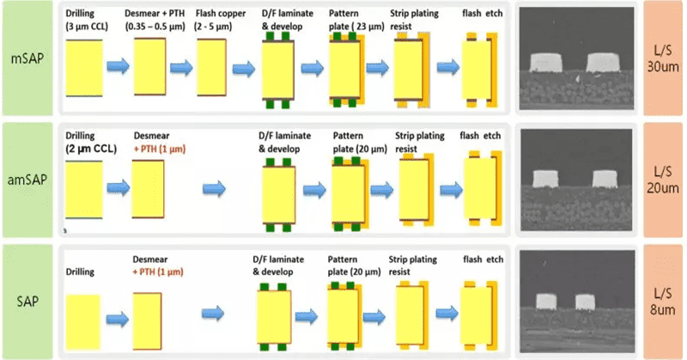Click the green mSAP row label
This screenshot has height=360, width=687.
click(27, 58)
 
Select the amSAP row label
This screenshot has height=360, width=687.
click(27, 180)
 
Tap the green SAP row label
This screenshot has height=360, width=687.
click(27, 302)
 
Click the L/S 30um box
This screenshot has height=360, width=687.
click(662, 58)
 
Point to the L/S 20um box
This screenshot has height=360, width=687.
click(662, 180)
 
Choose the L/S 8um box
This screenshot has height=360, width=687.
click(662, 302)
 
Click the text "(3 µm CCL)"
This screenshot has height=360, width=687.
click(87, 27)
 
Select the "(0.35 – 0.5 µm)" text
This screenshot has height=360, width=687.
click(155, 27)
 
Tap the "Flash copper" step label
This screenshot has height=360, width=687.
click(221, 13)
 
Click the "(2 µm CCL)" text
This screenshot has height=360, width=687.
click(91, 149)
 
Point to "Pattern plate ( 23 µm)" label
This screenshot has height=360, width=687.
click(356, 20)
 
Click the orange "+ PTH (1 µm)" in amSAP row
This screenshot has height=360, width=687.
click(160, 149)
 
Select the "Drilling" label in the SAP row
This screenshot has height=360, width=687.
click(80, 272)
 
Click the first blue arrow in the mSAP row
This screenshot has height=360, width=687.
click(119, 66)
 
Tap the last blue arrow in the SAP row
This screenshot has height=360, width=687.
click(447, 313)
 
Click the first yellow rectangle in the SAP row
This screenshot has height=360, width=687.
click(82, 322)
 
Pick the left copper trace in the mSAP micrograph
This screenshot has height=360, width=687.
click(545, 63)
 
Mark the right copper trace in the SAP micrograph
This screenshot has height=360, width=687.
click(585, 302)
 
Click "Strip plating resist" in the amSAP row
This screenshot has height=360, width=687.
click(420, 143)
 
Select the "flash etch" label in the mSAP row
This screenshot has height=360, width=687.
click(483, 14)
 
